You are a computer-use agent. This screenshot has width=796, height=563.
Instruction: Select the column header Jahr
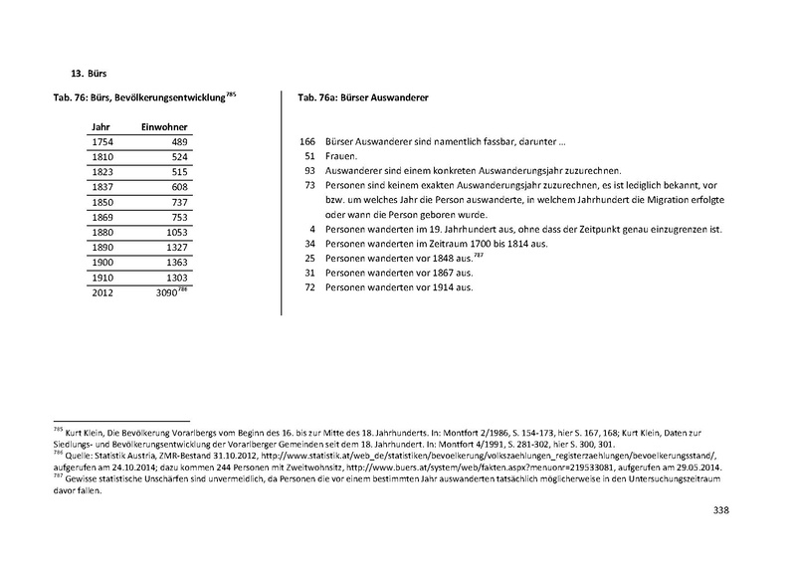(x=100, y=127)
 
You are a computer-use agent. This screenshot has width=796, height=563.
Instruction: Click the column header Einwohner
(x=165, y=127)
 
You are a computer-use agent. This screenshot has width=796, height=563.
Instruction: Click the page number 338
(x=722, y=511)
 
